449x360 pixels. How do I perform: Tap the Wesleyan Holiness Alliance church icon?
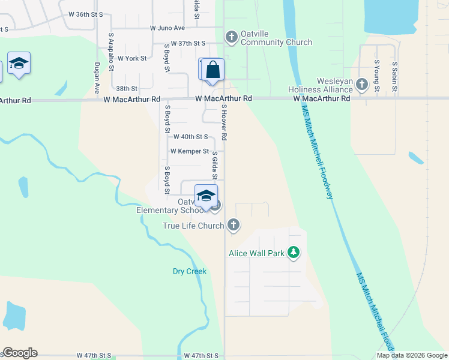[362, 85]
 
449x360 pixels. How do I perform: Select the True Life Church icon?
[234, 226]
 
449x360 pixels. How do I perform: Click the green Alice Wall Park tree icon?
[294, 253]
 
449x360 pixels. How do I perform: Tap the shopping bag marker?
[212, 70]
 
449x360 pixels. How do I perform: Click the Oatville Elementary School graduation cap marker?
[206, 196]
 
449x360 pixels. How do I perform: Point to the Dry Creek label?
[190, 271]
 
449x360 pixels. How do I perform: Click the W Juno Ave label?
[167, 28]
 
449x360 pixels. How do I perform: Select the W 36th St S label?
[86, 13]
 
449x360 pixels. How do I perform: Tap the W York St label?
[132, 58]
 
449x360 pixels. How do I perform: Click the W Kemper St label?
[189, 151]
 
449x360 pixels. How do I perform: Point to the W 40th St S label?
[190, 137]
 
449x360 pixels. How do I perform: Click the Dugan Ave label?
[97, 79]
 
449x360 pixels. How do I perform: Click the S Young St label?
[377, 76]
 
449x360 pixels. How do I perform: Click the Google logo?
[20, 353]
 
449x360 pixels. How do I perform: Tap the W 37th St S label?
[188, 43]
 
